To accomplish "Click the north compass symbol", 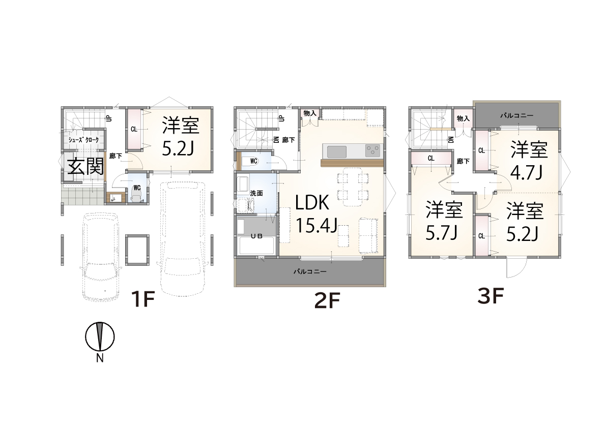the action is (100, 337).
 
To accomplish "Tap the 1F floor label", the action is (142, 299).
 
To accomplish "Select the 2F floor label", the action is (327, 301).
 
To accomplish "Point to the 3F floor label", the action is (490, 297).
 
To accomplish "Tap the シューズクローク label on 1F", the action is (83, 140).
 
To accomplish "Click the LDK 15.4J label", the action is (316, 214).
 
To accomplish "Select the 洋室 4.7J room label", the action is (529, 161).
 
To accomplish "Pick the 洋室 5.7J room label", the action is (444, 221).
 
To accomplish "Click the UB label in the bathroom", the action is (256, 236).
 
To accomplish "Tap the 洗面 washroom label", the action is (256, 193).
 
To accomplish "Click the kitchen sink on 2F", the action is (337, 151).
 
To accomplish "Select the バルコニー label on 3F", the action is (517, 115).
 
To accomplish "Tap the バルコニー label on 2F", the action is (310, 272).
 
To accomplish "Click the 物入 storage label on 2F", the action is (310, 113).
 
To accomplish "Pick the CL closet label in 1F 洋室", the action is (134, 129).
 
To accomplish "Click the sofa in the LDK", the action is (368, 235).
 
